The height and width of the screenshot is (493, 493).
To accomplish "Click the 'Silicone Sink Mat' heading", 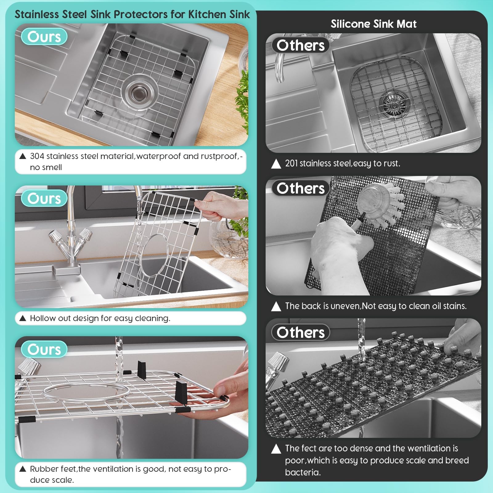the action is [373, 24].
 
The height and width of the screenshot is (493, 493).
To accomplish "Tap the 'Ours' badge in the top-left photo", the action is [44, 37].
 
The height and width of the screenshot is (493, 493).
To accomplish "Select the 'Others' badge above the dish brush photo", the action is [300, 188].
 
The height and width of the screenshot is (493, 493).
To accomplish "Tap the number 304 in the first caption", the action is [37, 156].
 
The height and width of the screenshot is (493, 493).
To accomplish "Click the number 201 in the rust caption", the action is [291, 163].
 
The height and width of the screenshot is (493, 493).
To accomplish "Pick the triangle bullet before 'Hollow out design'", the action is [22, 318].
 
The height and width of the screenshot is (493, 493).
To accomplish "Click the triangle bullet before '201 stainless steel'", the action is [276, 164].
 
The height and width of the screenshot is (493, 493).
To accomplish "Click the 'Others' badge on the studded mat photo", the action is [300, 332].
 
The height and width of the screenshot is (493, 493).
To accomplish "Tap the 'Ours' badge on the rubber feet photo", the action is [44, 349].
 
